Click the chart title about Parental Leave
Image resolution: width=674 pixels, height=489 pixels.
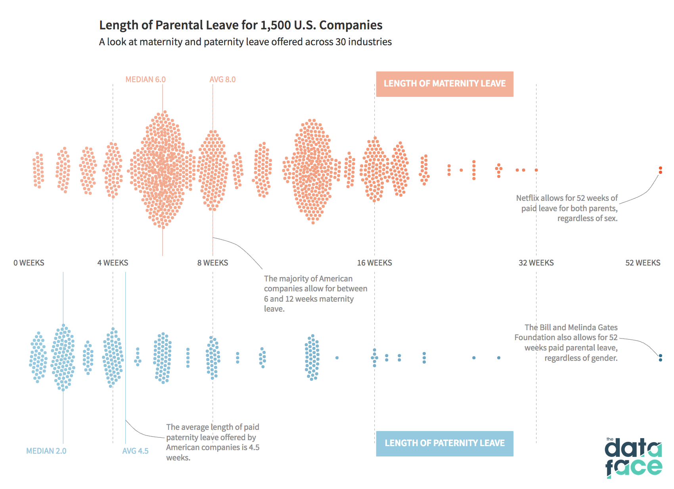coord(241,25)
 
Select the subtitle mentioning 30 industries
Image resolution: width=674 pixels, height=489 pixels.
coord(245,42)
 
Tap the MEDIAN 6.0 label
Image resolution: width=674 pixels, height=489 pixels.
coord(146,79)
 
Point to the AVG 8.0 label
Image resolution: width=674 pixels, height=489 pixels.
coord(223,79)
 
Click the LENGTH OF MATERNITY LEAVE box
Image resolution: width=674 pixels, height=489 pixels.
coord(445,84)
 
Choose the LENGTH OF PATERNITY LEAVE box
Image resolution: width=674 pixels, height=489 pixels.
coord(445,443)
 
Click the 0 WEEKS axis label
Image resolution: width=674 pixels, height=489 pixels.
coord(29,263)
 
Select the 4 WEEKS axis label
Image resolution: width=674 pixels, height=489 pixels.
coord(113,263)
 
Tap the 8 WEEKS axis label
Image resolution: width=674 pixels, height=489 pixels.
coord(213,263)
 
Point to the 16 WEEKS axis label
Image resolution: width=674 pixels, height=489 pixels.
coord(375,263)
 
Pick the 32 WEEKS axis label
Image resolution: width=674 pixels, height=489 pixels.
coord(536,263)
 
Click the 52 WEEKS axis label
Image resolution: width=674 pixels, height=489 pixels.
coord(643,263)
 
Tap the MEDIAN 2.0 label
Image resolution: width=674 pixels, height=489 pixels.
coord(46,451)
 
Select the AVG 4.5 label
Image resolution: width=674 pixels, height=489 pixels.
coord(136,451)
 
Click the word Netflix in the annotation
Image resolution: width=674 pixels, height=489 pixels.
coord(527,198)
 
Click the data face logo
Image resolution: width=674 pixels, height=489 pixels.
coord(634,458)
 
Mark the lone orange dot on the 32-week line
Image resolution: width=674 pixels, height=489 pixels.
coord(536,170)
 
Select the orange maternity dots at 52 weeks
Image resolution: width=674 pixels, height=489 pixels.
coord(661,170)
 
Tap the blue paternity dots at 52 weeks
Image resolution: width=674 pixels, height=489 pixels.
coord(661,358)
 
